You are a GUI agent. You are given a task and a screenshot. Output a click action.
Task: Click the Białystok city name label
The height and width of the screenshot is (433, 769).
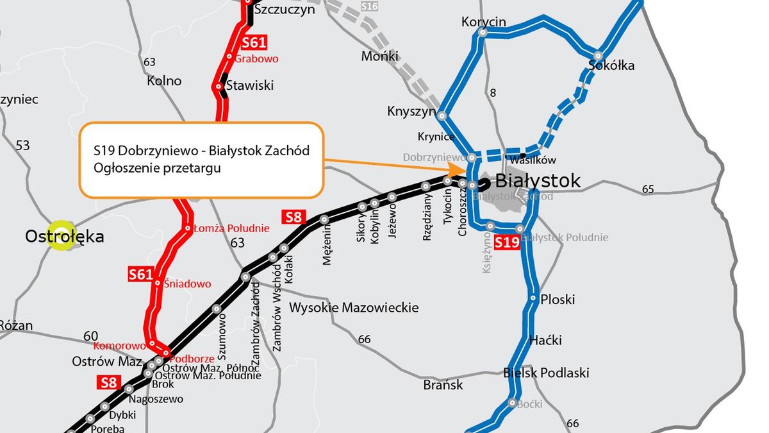tap(538, 181)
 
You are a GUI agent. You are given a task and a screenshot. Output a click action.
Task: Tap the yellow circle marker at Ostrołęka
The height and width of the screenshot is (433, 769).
tap(62, 236)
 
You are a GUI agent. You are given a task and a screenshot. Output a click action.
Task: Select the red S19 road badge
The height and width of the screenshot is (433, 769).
tap(506, 242)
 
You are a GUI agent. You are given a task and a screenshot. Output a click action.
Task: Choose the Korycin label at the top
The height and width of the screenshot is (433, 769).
tap(483, 22)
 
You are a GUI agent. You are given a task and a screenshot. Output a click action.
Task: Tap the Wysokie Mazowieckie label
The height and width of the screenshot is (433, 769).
tap(354, 308)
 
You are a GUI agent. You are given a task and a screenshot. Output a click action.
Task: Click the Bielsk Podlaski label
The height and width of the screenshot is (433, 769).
tap(546, 373)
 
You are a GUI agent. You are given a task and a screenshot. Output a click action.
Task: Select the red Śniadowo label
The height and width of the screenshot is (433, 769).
tap(187, 283)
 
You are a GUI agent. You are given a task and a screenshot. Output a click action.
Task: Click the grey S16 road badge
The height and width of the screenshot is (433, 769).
tap(370, 6)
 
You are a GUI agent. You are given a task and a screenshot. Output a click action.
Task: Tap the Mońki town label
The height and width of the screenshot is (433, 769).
tap(379, 56)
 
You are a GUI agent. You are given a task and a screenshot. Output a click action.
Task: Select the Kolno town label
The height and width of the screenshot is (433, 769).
tap(164, 81)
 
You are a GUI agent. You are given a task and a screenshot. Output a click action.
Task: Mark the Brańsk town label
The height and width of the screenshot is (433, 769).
tap(443, 386)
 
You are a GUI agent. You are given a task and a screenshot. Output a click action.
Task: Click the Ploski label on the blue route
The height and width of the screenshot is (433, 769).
tap(558, 300)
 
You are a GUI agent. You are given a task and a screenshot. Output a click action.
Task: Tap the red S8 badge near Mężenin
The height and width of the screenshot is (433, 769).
tap(293, 217)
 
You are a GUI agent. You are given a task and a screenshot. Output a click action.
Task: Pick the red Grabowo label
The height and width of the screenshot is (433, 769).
tap(256, 59)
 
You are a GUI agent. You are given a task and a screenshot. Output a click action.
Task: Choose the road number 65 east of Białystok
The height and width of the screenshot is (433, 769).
tap(647, 189)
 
